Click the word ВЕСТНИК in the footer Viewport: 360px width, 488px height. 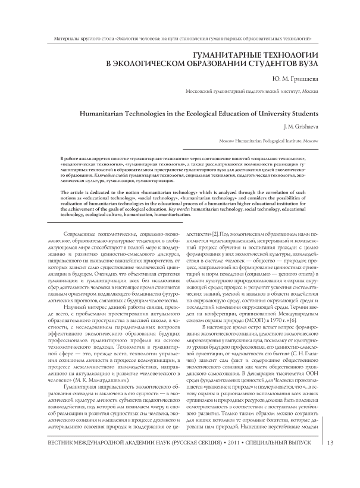pos(57,459)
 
